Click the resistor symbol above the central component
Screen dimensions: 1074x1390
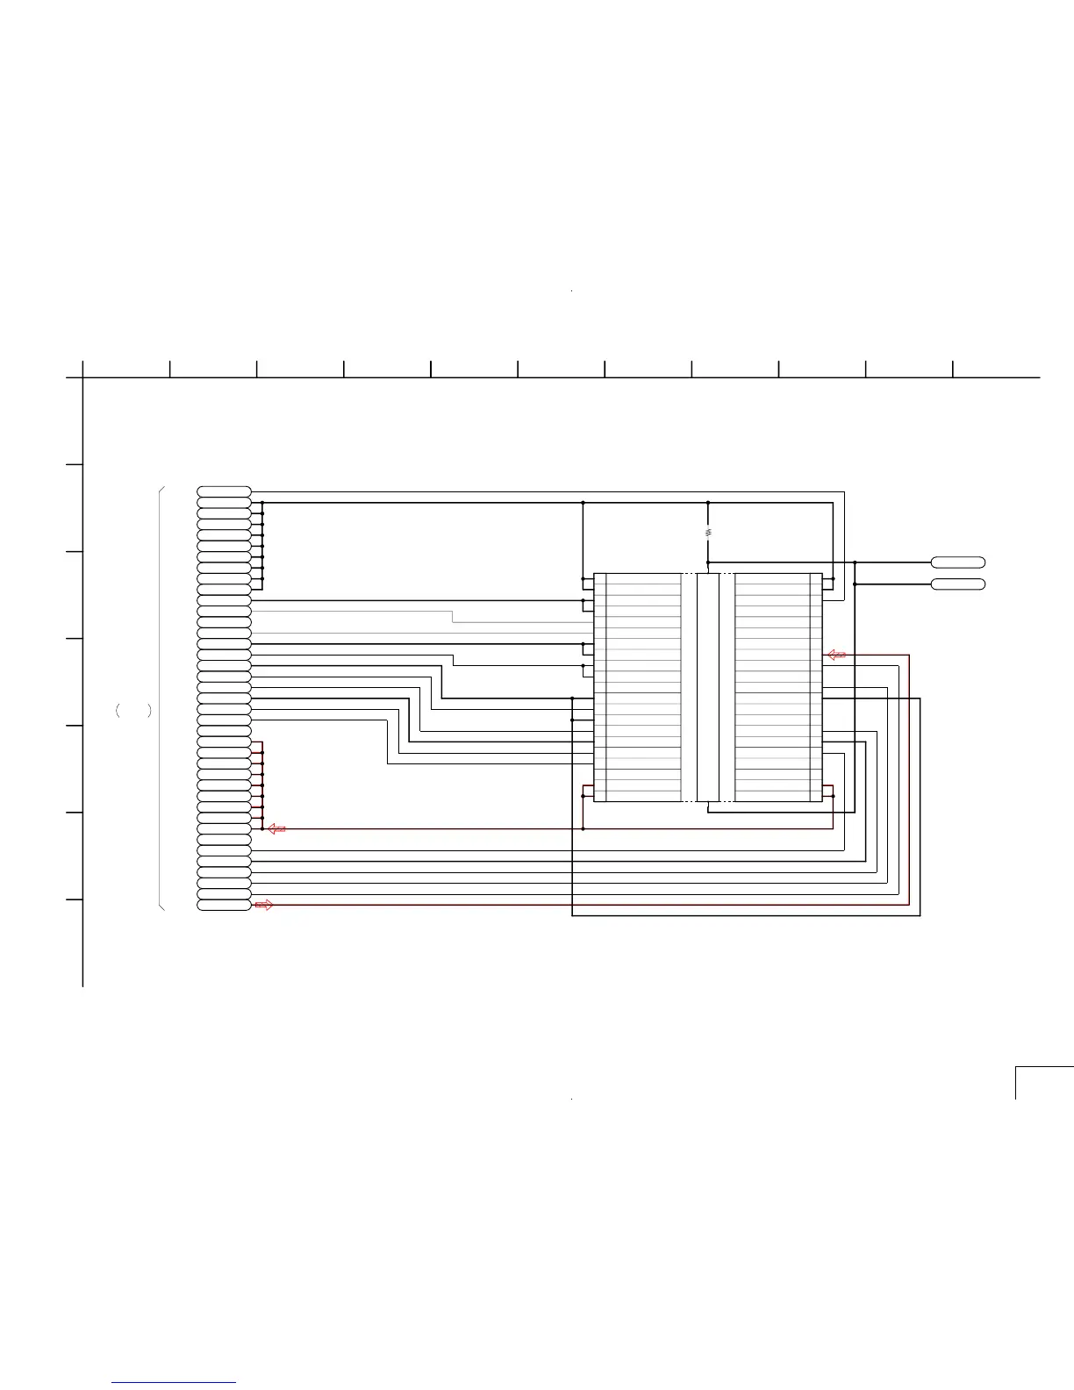(x=708, y=533)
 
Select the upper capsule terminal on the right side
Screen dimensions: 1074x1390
(x=957, y=562)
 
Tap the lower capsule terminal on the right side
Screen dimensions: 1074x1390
(x=957, y=584)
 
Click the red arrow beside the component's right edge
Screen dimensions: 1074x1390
(x=837, y=655)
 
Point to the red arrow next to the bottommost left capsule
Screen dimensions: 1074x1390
(x=263, y=905)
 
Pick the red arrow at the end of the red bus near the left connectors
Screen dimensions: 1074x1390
(x=276, y=828)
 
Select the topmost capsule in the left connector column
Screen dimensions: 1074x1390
(x=224, y=491)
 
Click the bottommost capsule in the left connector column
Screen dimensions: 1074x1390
(x=224, y=905)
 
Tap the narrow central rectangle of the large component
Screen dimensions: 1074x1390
(x=708, y=687)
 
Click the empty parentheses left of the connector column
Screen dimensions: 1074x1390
(x=133, y=711)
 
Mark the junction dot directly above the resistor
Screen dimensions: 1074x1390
(x=708, y=503)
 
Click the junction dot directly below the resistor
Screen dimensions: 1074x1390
(x=708, y=562)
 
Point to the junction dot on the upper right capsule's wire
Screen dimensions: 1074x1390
(x=855, y=562)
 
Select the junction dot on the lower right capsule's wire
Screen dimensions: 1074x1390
(x=855, y=584)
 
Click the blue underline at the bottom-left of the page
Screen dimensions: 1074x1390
(x=174, y=1382)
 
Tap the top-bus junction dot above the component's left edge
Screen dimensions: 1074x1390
(x=583, y=503)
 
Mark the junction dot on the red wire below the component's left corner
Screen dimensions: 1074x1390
(x=583, y=828)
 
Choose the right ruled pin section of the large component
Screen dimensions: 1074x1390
(x=772, y=687)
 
